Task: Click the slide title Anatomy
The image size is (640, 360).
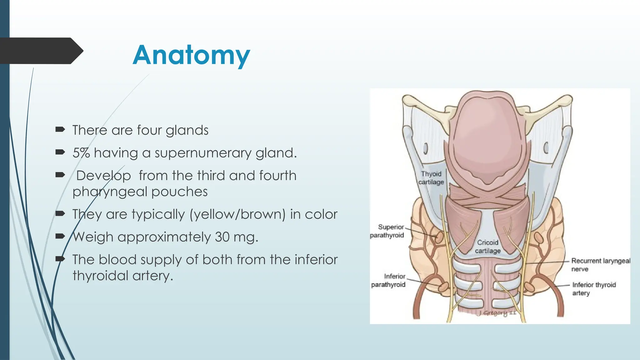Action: pyautogui.click(x=191, y=55)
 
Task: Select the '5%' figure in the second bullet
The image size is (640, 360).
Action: pyautogui.click(x=81, y=153)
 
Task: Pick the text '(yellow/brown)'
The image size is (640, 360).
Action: pyautogui.click(x=237, y=214)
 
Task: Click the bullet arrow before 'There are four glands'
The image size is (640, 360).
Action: pyautogui.click(x=60, y=129)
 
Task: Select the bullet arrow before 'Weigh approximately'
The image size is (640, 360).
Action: pyautogui.click(x=60, y=236)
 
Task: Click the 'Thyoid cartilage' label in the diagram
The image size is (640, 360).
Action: pyautogui.click(x=431, y=178)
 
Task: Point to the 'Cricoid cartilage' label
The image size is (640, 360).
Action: pyautogui.click(x=488, y=247)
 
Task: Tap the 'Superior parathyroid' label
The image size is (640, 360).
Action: pyautogui.click(x=387, y=231)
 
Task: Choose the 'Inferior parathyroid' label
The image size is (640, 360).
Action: pyautogui.click(x=388, y=280)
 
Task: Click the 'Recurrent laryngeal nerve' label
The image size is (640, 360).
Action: pyautogui.click(x=601, y=265)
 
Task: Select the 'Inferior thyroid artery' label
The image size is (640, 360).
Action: pyautogui.click(x=594, y=289)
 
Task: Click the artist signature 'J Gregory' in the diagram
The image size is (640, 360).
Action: pyautogui.click(x=497, y=313)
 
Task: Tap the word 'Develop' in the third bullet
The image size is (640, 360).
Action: pyautogui.click(x=103, y=176)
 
